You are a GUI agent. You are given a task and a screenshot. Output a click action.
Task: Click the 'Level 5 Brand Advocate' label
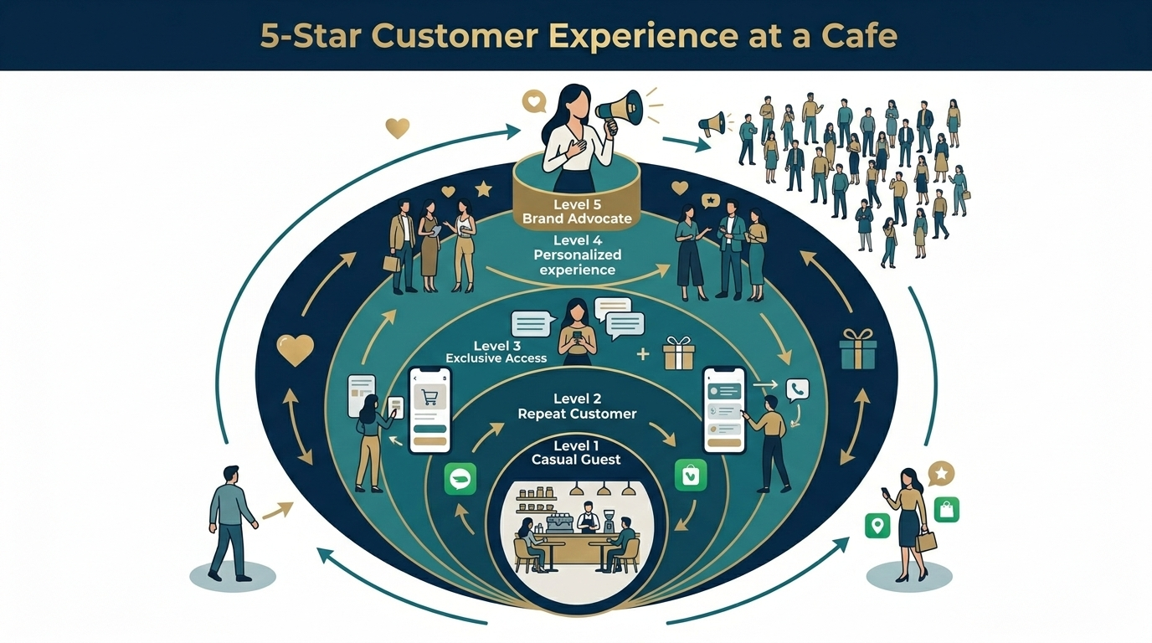[577, 212]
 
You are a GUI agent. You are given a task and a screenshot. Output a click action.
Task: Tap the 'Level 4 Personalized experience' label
[578, 255]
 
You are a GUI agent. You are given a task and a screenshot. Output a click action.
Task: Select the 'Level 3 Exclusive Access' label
[496, 352]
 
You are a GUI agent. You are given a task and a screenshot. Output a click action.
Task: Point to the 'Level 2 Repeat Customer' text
[577, 406]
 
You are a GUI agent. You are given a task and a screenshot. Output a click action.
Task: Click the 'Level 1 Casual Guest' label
[577, 453]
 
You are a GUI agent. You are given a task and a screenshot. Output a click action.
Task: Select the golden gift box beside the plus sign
[678, 353]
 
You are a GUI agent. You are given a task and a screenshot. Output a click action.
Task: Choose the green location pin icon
[877, 526]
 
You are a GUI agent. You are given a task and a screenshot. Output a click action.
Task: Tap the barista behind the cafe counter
[589, 517]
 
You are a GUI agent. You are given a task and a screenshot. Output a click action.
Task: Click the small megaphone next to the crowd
[712, 125]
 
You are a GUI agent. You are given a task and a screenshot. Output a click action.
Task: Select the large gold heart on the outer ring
[295, 350]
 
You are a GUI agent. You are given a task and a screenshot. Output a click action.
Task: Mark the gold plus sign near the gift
[643, 353]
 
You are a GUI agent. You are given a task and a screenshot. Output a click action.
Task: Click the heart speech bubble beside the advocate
[532, 101]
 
